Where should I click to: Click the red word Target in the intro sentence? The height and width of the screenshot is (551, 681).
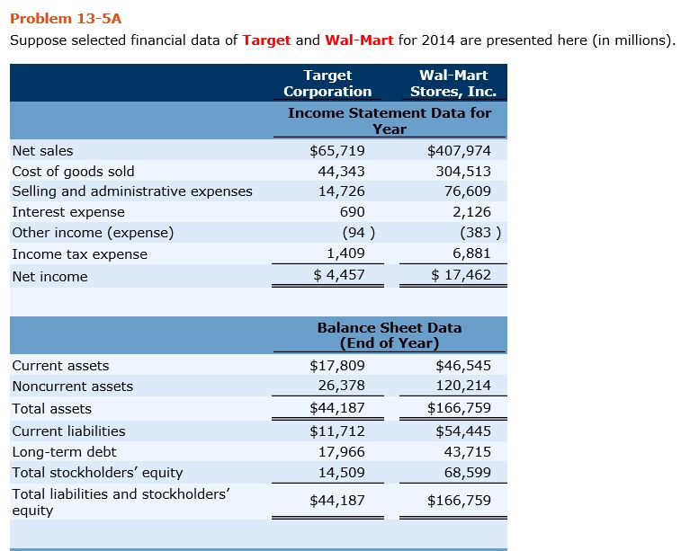click(x=266, y=40)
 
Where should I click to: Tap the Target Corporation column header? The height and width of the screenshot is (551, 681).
click(x=327, y=84)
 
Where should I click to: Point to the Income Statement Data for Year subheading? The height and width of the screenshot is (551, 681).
click(x=390, y=120)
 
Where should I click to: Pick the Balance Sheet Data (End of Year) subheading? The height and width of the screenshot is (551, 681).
click(x=390, y=335)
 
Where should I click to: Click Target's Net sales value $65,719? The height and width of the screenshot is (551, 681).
click(x=337, y=150)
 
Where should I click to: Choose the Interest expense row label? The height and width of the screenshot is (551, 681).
click(x=68, y=212)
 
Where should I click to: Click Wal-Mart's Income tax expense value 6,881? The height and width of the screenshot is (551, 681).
click(x=470, y=253)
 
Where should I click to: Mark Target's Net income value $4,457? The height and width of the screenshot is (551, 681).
click(x=339, y=274)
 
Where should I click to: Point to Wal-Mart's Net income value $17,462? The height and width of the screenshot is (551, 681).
click(x=461, y=274)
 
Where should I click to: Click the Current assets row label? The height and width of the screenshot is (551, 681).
click(x=60, y=366)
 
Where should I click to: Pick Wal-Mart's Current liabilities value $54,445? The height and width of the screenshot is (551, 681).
click(x=463, y=431)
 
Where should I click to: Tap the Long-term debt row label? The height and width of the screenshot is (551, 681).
click(x=64, y=452)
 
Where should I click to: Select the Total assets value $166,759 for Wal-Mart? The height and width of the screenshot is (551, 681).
click(x=460, y=408)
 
